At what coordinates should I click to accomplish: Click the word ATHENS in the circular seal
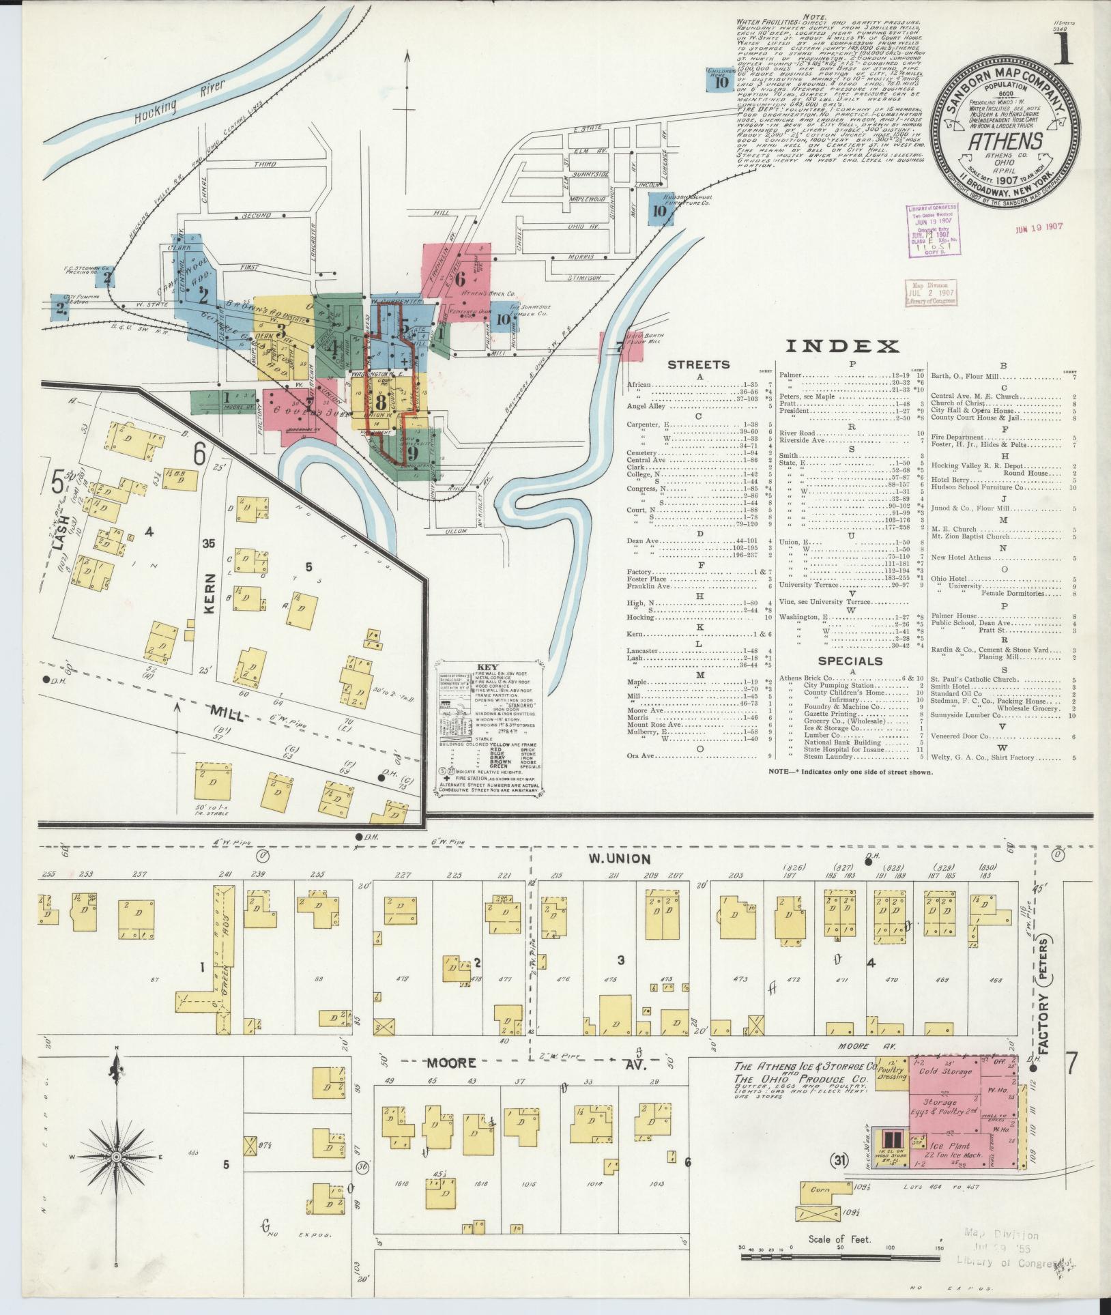1005,141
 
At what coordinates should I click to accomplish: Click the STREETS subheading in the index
698,365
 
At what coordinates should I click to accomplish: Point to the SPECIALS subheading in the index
850,661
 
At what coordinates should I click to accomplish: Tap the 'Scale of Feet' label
839,1239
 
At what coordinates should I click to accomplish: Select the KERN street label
209,593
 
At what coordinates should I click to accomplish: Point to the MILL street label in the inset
228,712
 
